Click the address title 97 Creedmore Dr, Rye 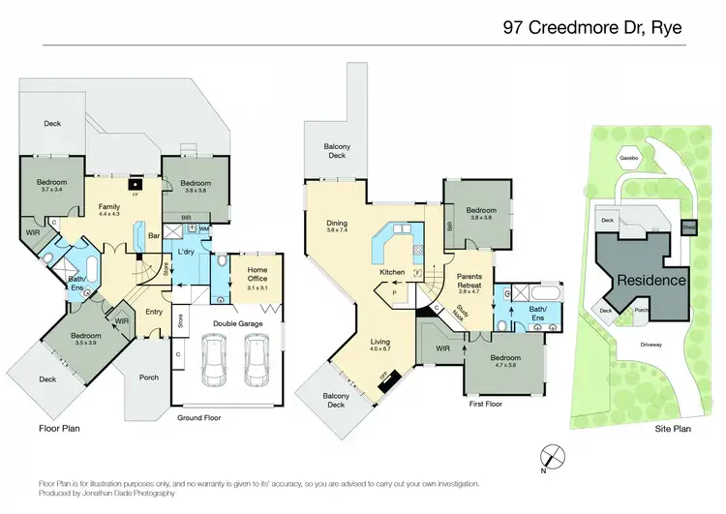tap(592, 27)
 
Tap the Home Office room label tap(257, 275)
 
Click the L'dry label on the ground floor tap(188, 252)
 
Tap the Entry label tap(155, 312)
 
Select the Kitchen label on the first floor tap(391, 273)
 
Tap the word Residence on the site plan tap(650, 280)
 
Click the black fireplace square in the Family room tap(136, 183)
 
